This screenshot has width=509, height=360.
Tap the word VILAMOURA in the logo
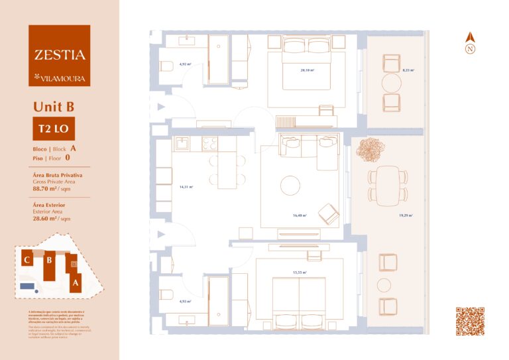tap(62, 78)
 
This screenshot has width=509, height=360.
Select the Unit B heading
tap(52, 107)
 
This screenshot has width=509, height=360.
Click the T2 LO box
tap(49, 129)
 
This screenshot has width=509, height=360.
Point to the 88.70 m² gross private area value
tap(47, 188)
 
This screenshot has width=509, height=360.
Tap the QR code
tap(470, 322)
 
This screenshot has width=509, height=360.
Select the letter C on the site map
tap(27, 260)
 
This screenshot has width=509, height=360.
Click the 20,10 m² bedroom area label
tap(306, 69)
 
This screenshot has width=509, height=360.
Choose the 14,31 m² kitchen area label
tap(186, 187)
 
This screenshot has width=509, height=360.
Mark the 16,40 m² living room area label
tap(300, 215)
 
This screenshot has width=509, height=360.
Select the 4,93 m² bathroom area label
tap(186, 301)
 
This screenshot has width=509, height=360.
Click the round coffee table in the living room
tap(290, 185)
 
